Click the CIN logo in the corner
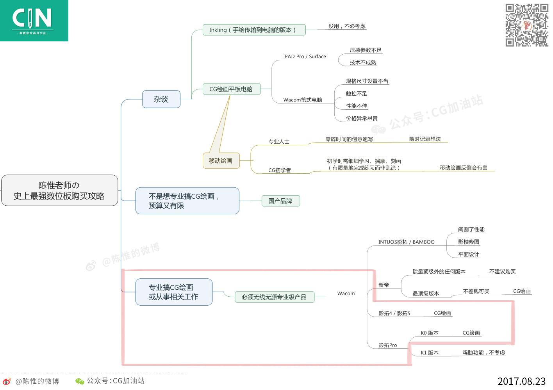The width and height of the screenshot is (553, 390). (34, 20)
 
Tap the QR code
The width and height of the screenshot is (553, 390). (526, 25)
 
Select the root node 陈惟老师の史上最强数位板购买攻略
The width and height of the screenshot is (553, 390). (59, 191)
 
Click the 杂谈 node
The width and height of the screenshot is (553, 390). (161, 99)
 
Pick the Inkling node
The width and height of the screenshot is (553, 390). (254, 30)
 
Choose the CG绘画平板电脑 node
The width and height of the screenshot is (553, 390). (231, 89)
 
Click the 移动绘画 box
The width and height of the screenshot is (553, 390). (221, 161)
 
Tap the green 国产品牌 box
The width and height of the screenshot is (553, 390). (280, 201)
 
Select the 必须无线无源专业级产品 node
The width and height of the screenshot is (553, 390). (274, 297)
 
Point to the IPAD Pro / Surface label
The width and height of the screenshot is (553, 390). (305, 57)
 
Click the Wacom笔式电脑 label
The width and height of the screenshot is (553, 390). (303, 100)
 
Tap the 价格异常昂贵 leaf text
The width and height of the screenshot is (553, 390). (362, 118)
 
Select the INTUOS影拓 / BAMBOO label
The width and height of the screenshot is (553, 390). (406, 242)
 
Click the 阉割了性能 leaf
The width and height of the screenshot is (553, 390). (471, 230)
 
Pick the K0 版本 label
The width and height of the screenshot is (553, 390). (430, 333)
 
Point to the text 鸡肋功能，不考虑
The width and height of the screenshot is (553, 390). (483, 353)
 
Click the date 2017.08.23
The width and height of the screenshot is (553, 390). (521, 381)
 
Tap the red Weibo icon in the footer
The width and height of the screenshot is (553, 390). (7, 381)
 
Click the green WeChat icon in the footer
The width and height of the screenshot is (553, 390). (80, 381)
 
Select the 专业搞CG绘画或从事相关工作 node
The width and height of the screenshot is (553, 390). (174, 292)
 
